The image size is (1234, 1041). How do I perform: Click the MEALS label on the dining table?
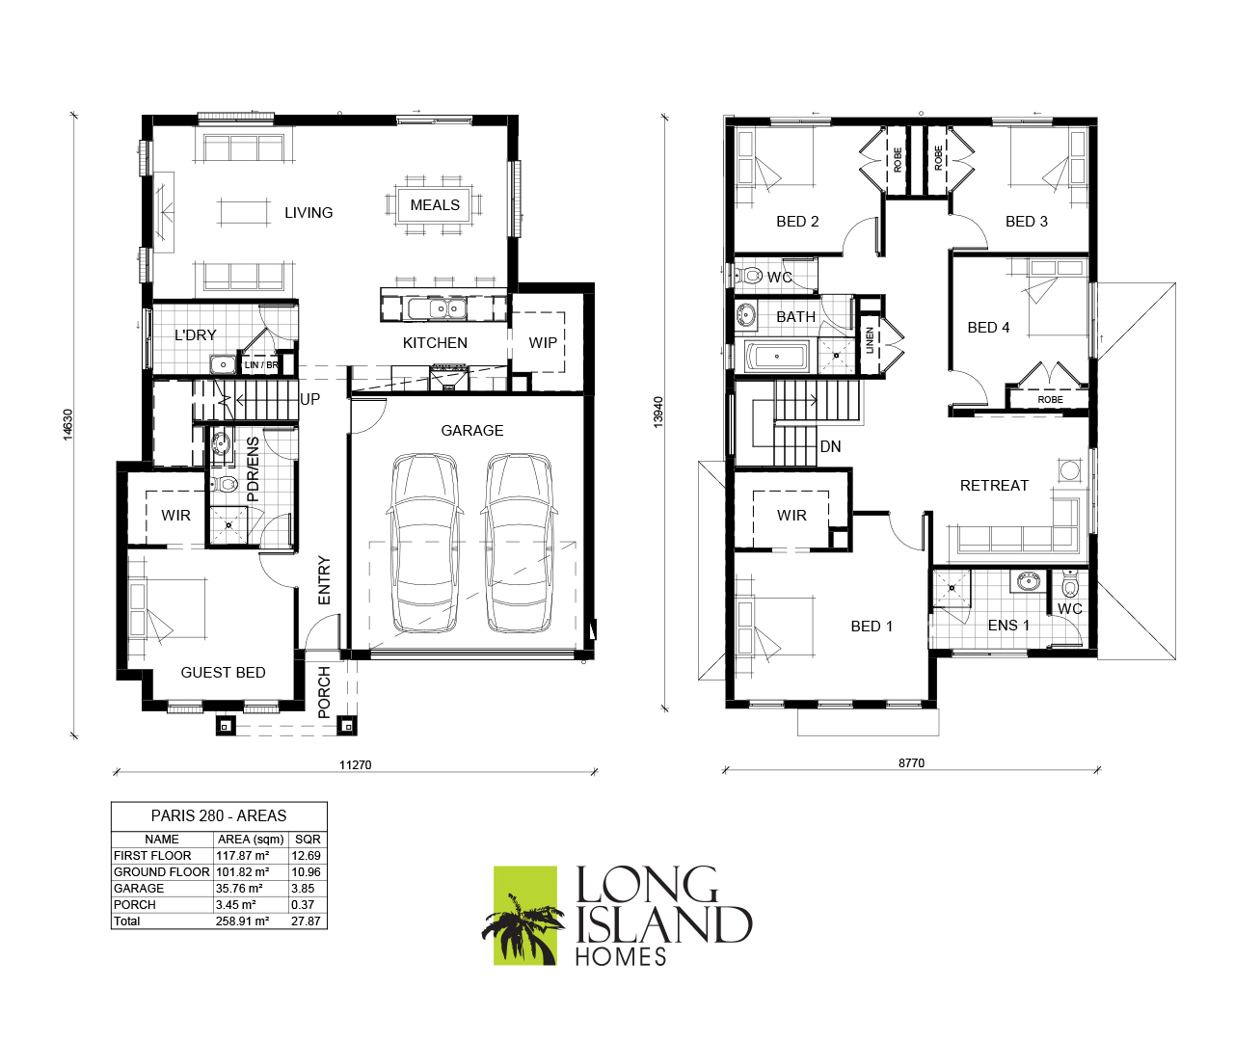coord(435,205)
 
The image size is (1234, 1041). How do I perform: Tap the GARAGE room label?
coord(472,431)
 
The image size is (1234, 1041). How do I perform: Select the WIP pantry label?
coord(543,343)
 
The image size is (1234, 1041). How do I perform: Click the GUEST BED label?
coord(223,673)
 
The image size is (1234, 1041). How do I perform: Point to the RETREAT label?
coord(994,486)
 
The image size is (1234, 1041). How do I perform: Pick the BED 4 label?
coord(988,328)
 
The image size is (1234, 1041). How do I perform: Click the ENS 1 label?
coord(1008,625)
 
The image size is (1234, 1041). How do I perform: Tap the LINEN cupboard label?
coord(870,340)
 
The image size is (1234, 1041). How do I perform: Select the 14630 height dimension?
coord(67,424)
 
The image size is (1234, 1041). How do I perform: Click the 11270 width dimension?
coord(355,765)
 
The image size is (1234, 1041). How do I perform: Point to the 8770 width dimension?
coord(911,762)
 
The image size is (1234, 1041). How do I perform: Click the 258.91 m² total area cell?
coord(242,921)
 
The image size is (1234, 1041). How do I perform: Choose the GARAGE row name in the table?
coord(139,889)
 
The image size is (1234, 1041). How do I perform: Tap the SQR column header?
coord(308,840)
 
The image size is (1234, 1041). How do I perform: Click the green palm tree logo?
coord(524,916)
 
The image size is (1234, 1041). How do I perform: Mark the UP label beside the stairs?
coord(309,399)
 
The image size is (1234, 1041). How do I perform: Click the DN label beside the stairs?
coord(830,446)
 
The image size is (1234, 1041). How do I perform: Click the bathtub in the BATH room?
coord(777,357)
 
